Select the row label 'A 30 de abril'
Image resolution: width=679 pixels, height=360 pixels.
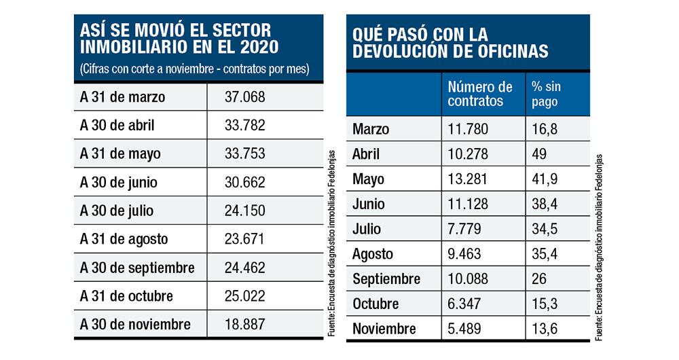[x=117, y=126]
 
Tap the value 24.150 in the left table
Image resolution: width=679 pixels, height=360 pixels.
[x=244, y=211]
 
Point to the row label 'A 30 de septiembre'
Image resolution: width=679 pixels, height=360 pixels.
[x=136, y=268]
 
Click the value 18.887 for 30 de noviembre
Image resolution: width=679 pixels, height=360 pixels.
[x=244, y=325]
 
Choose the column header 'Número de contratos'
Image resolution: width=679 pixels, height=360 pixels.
[x=480, y=94]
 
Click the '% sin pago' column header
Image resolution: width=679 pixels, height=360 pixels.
[x=546, y=94]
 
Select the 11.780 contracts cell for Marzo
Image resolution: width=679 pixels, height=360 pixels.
[x=469, y=128]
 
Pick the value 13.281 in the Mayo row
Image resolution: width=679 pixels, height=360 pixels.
[x=469, y=179]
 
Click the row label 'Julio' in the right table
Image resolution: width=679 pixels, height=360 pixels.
[x=368, y=230]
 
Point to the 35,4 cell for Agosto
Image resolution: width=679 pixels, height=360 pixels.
[x=545, y=254]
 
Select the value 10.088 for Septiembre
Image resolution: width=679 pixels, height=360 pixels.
[x=469, y=279]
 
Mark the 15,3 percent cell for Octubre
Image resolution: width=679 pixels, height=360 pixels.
[x=545, y=304]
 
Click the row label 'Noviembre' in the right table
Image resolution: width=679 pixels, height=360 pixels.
[x=384, y=329]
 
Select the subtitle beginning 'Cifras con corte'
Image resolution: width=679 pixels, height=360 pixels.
[x=194, y=69]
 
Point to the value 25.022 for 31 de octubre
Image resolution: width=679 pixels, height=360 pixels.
[x=244, y=297]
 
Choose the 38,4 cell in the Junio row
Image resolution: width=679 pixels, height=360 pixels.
[x=545, y=204]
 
